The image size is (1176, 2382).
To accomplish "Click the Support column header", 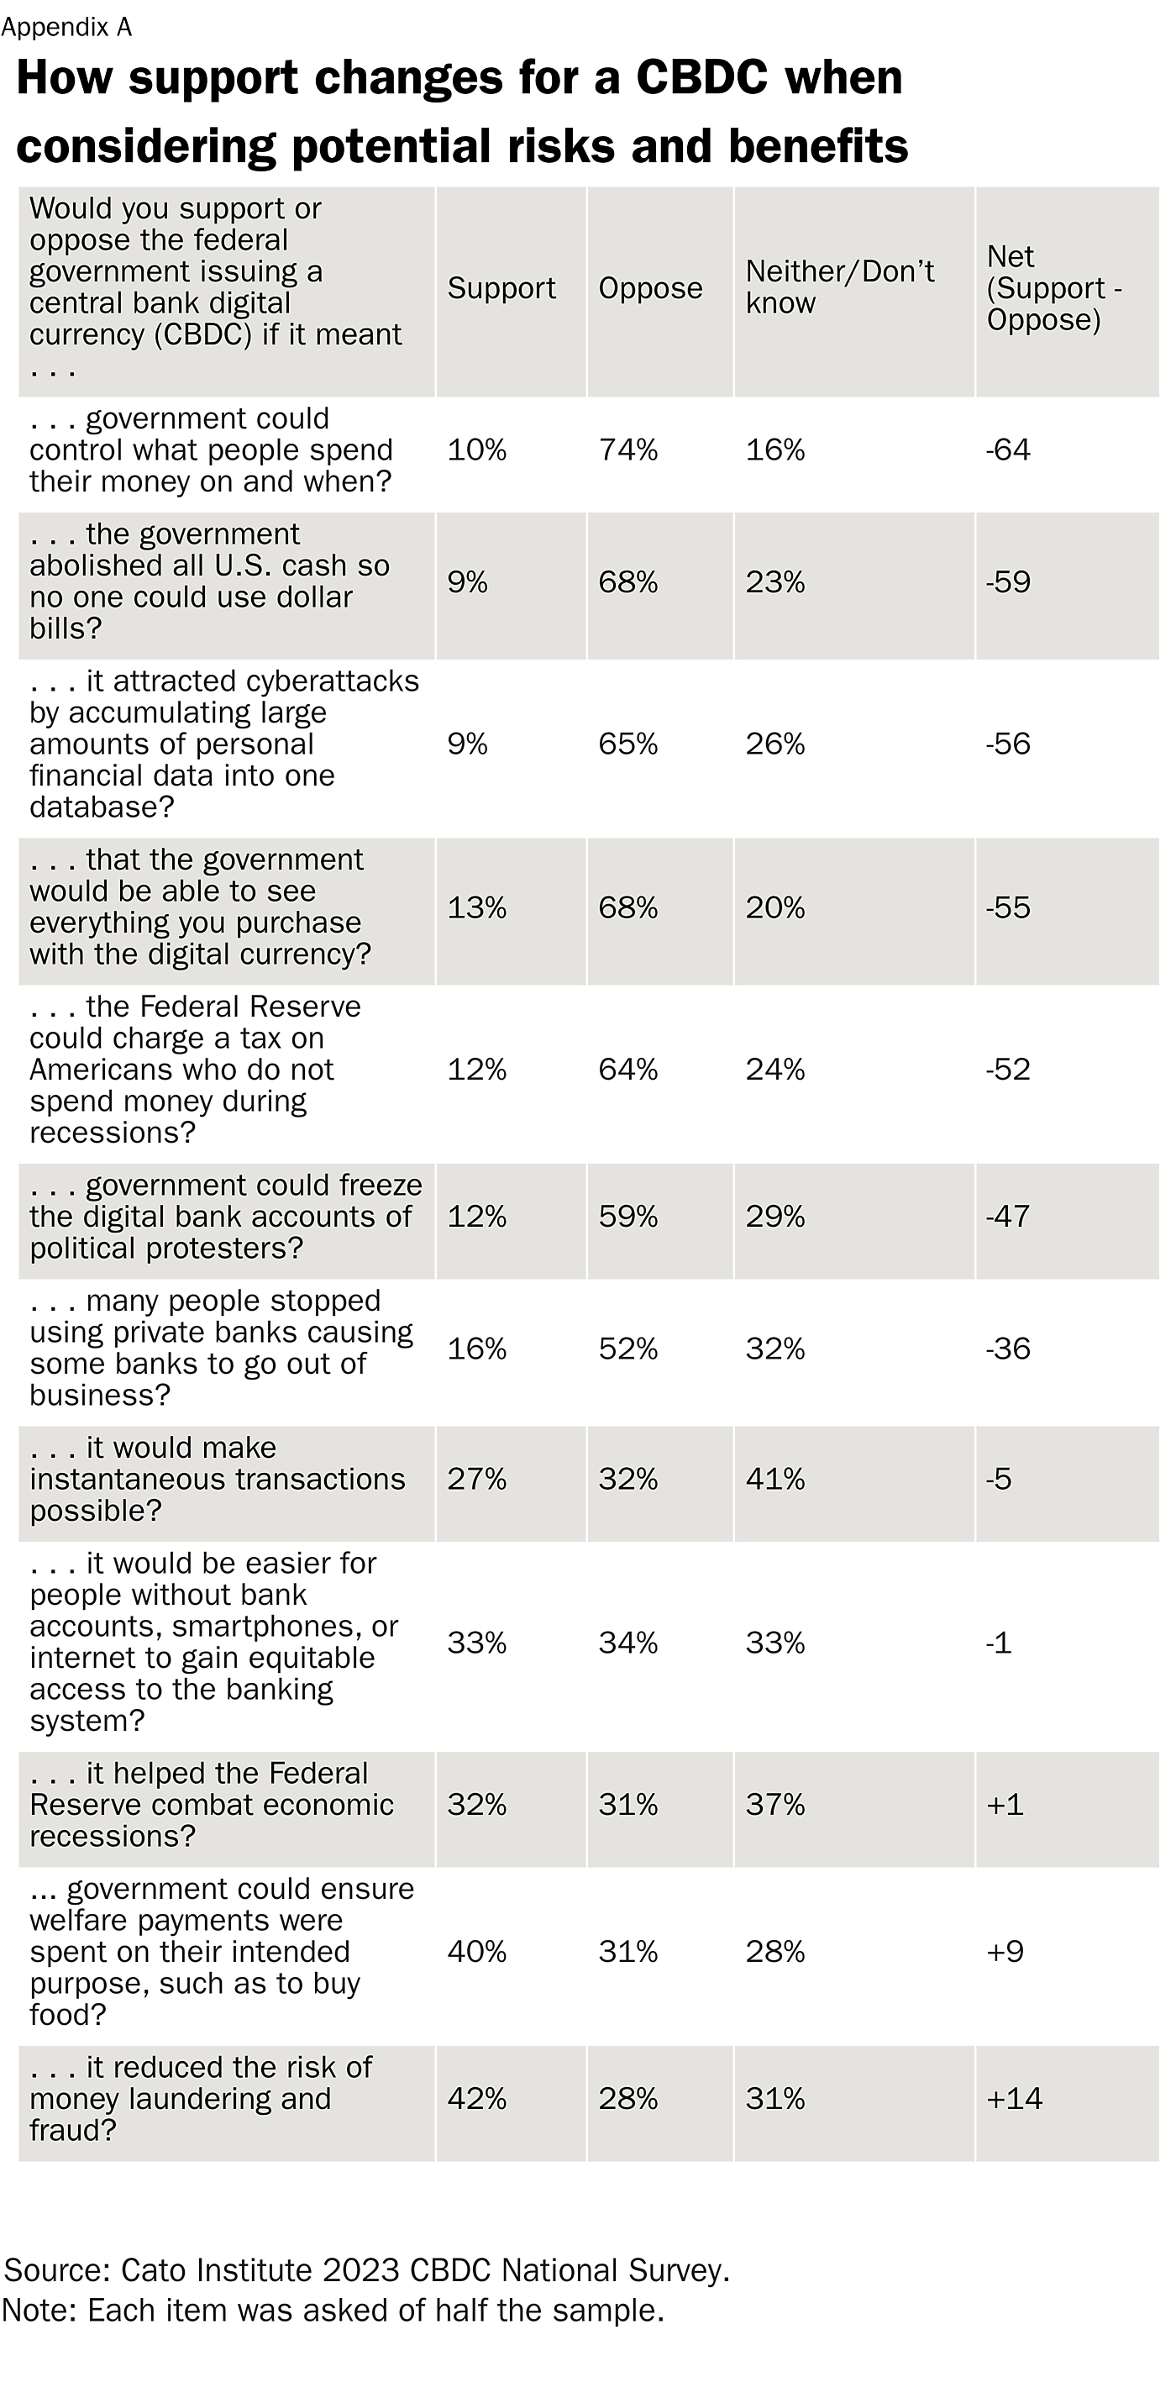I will tap(501, 288).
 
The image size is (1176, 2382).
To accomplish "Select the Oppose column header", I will tap(650, 288).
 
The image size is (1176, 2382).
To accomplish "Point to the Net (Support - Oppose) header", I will tap(1053, 287).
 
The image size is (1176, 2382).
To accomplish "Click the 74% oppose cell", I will tap(627, 450).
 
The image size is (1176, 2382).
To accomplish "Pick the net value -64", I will tap(1008, 450).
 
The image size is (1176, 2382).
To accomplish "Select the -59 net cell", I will tap(1008, 582).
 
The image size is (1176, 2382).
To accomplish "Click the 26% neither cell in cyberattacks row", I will tap(774, 744).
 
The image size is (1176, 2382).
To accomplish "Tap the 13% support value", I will tap(476, 908).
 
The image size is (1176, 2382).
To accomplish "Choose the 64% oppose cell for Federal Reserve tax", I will tap(627, 1070).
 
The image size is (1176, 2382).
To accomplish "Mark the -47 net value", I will tap(1008, 1217).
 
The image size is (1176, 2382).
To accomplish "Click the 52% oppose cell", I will tap(627, 1349).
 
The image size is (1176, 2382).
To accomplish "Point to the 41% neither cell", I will tap(774, 1480).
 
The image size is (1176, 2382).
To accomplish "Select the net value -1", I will tap(999, 1643).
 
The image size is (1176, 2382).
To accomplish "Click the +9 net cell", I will tap(1004, 1952).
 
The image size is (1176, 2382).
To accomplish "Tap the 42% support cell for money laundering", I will tap(476, 2099).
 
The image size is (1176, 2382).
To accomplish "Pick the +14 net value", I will tap(1013, 2099).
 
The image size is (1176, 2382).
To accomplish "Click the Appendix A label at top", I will tap(66, 28).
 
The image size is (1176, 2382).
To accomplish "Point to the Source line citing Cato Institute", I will tap(367, 2270).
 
